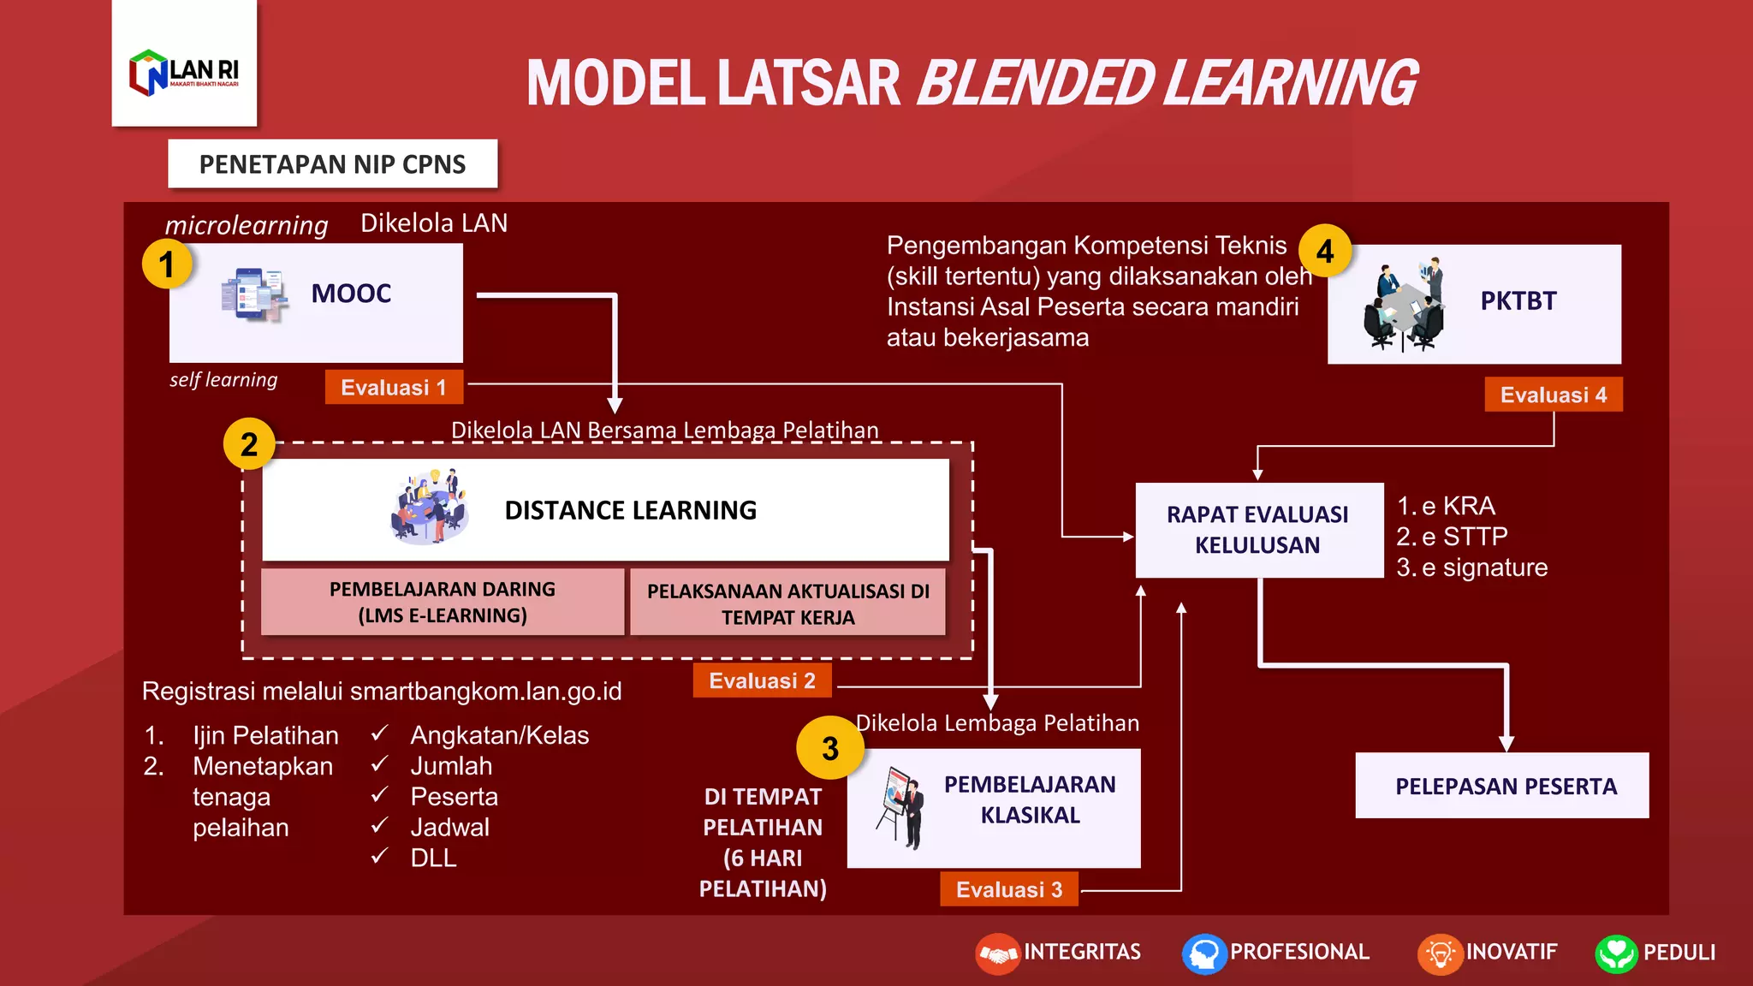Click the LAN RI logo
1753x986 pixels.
pos(184,72)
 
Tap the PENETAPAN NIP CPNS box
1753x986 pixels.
pos(332,163)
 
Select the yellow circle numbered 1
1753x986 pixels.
pos(166,264)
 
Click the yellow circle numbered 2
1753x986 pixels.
pos(249,444)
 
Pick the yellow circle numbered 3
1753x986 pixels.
pos(829,748)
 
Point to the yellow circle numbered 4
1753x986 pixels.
pos(1325,252)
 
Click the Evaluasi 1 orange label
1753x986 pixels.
pos(394,387)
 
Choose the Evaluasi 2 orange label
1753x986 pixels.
pos(762,680)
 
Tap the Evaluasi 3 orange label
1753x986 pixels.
pos(1009,889)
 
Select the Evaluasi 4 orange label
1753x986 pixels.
pos(1553,395)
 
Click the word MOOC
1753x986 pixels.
pos(351,294)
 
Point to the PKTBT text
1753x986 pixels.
pos(1518,301)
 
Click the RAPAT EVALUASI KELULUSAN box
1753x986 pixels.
pos(1258,530)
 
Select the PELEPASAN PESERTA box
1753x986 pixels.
pos(1505,786)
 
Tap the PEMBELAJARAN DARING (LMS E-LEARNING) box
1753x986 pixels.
pos(443,602)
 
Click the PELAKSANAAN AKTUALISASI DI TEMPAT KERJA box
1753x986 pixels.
pos(787,603)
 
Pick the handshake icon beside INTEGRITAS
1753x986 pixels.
pos(997,953)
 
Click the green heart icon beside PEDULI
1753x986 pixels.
pos(1615,953)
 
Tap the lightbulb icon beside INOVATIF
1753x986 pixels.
pos(1440,953)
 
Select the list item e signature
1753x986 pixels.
pos(1485,567)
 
